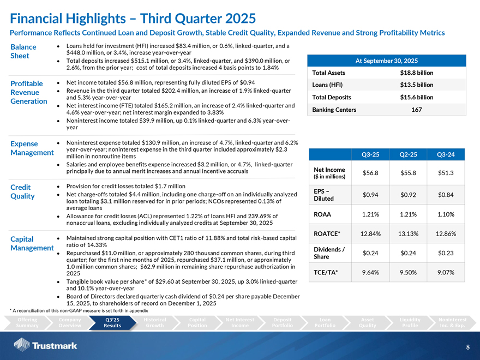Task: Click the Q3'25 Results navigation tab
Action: [x=112, y=322]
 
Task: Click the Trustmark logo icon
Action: [x=22, y=345]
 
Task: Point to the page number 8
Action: [x=468, y=347]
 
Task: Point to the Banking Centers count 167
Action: [x=417, y=110]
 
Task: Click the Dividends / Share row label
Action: [x=327, y=253]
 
